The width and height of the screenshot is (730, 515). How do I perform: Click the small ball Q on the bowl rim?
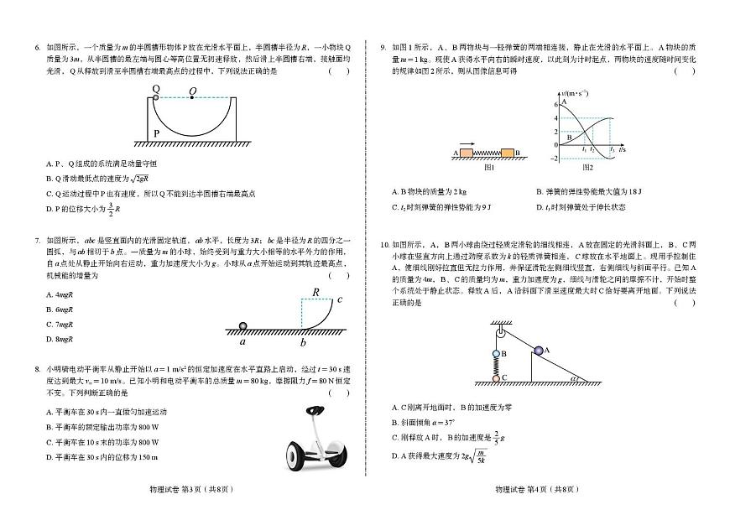tap(156, 97)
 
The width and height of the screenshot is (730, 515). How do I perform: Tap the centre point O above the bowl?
tap(193, 97)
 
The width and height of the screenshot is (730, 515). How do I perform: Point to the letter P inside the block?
tap(157, 133)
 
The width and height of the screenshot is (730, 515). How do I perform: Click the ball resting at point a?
tap(243, 326)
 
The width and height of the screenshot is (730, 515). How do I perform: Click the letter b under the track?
tap(303, 341)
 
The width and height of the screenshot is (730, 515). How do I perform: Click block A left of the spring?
tap(467, 153)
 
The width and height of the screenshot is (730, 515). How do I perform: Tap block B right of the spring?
tap(508, 153)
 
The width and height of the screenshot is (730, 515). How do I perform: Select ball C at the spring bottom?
tap(496, 378)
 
